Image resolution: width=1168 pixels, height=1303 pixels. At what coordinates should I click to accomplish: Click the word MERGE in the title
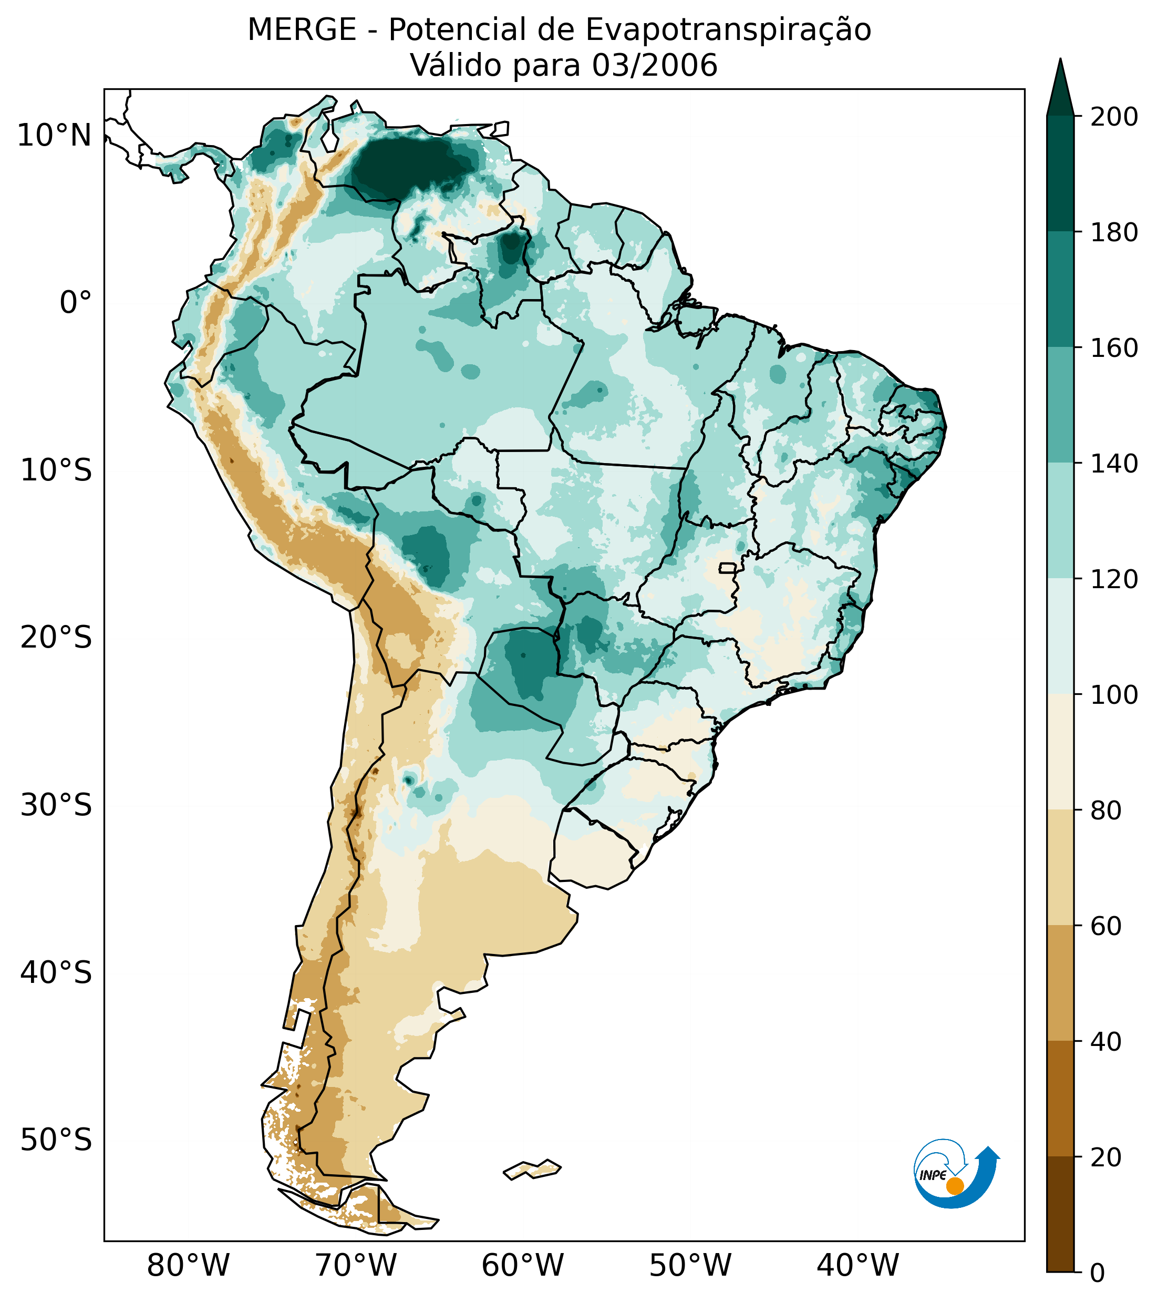[x=302, y=30]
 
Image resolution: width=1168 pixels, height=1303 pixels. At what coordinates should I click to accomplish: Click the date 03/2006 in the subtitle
[x=655, y=66]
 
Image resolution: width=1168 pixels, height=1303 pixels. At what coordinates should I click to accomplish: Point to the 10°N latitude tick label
[x=54, y=136]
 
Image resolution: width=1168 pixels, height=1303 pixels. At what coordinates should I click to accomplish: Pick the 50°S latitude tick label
[x=56, y=1141]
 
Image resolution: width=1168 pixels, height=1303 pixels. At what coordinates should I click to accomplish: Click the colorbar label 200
[x=1114, y=117]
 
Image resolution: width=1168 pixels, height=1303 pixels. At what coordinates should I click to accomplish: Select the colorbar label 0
[x=1098, y=1274]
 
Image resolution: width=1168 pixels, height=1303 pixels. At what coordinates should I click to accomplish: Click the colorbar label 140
[x=1114, y=464]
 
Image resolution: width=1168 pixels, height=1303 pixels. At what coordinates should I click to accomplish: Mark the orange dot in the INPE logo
[x=955, y=1186]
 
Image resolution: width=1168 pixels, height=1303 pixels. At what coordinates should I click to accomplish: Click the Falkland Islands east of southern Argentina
[x=533, y=1169]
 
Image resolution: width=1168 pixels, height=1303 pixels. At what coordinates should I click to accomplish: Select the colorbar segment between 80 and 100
[x=1060, y=752]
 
